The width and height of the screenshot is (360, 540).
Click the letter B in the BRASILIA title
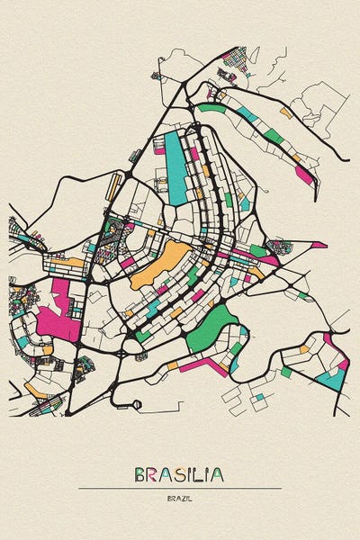tap(141, 474)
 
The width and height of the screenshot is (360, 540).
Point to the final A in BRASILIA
tap(218, 474)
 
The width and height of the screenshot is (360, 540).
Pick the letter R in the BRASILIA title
tap(152, 474)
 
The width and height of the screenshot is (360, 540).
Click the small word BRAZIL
tap(179, 498)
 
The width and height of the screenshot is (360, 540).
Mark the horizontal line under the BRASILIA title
tap(179, 488)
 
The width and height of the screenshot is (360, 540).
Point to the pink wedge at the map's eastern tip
tap(319, 245)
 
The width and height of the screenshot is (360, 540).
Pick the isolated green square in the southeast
tap(286, 372)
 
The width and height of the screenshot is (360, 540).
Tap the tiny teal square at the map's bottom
tap(259, 397)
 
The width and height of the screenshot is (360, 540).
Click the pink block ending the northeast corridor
tap(304, 174)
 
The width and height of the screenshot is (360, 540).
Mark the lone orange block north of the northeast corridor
tap(286, 112)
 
